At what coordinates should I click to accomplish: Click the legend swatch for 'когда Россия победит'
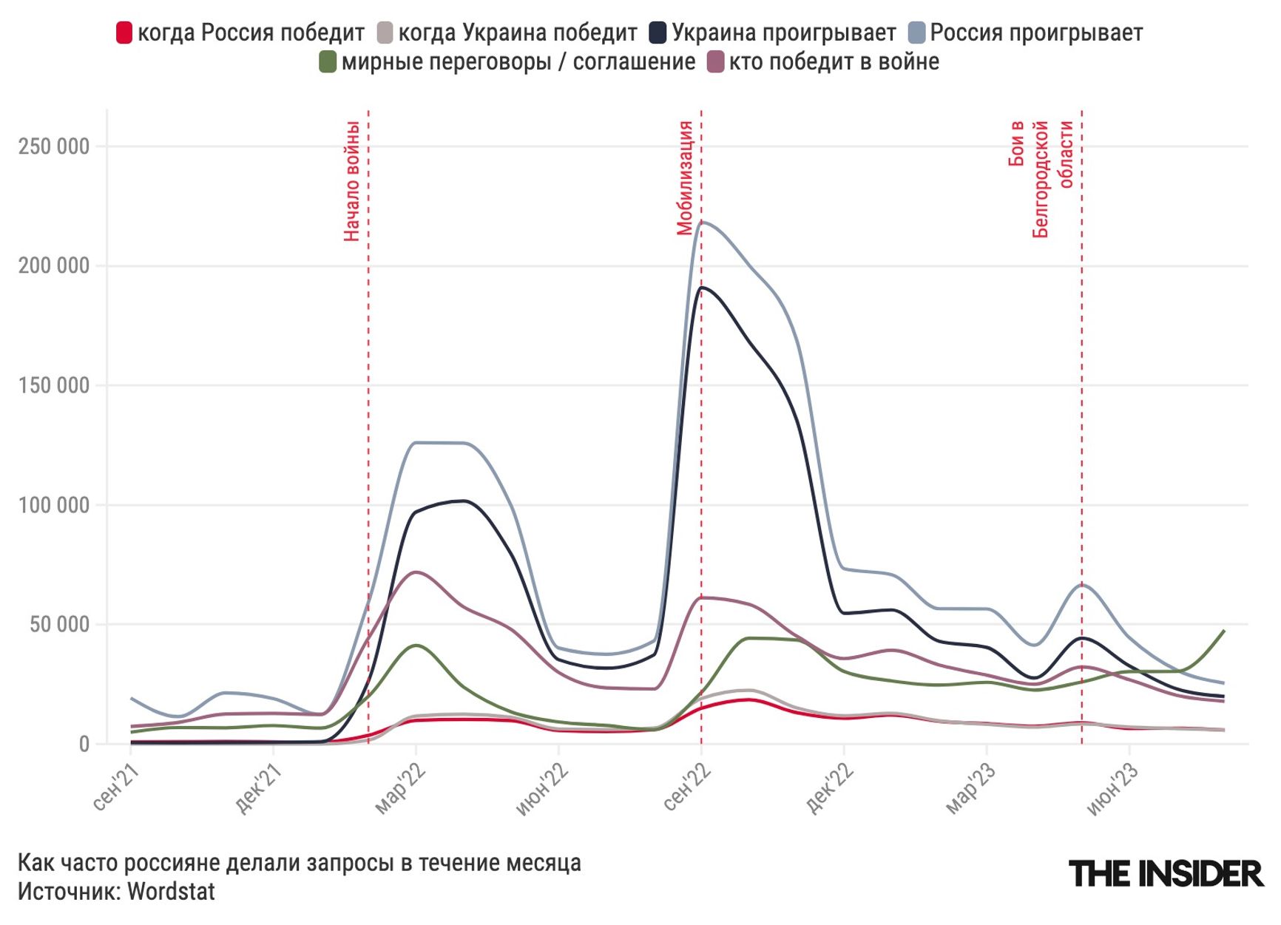tap(124, 33)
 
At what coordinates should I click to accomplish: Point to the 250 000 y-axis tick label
tap(54, 146)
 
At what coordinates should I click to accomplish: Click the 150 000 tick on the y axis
tap(54, 385)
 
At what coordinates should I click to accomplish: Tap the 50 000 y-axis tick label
tap(60, 625)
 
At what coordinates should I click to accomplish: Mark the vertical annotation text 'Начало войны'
tap(352, 181)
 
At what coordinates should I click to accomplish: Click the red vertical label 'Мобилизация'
tap(685, 178)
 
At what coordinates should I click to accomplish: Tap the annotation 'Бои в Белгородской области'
tap(1041, 179)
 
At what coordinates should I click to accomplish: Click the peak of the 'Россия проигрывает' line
tap(701, 221)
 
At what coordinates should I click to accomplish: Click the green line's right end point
tap(1224, 631)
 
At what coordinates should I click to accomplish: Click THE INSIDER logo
tap(1166, 874)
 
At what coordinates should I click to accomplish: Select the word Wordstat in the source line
tap(171, 892)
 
